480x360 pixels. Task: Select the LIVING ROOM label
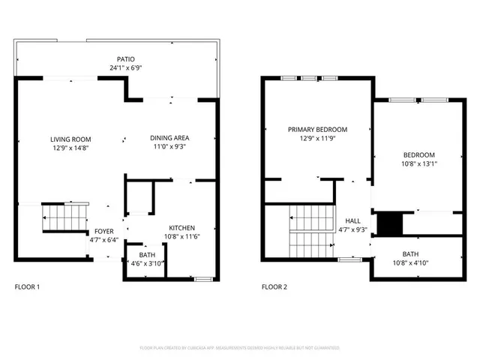tap(70, 139)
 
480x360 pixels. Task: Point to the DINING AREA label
tap(169, 138)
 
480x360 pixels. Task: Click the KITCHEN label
tap(182, 228)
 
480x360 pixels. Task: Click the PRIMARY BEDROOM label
tap(317, 130)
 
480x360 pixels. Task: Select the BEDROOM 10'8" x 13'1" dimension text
tap(419, 163)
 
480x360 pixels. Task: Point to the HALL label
tap(352, 221)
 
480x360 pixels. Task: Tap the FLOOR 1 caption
tap(28, 287)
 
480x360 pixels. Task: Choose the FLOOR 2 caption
tap(274, 287)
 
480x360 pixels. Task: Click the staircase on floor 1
tap(65, 217)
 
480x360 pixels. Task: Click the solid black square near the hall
tap(389, 224)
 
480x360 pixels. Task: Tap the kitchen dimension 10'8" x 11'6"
tap(182, 237)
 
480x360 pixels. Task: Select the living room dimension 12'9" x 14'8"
tap(70, 148)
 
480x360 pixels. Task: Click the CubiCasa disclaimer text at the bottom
tap(240, 348)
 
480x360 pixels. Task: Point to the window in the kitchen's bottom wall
tap(202, 279)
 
